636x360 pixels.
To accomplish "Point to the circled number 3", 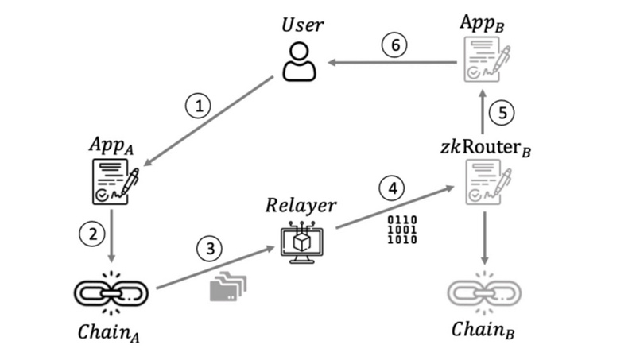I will pos(210,247).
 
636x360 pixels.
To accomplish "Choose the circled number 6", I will pos(395,45).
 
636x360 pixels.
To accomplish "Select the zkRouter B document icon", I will pos(483,181).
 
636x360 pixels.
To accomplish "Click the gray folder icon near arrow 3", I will pos(227,287).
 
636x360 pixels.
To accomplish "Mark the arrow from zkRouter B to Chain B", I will pos(483,235).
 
